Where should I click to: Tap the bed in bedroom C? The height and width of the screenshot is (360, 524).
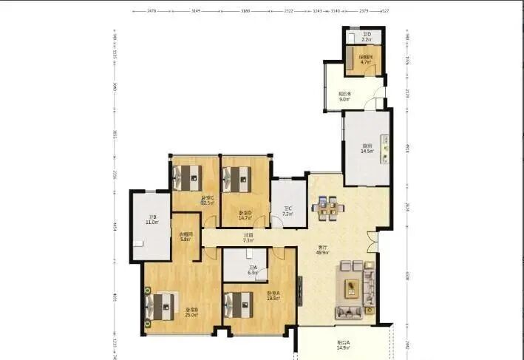(188, 177)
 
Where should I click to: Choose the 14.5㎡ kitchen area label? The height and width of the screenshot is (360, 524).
(367, 149)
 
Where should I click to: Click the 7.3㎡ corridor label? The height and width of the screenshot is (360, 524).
(249, 238)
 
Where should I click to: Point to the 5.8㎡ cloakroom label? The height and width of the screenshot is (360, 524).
(186, 237)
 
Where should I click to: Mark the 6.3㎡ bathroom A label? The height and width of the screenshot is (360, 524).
(253, 270)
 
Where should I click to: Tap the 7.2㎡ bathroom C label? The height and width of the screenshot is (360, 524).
(288, 211)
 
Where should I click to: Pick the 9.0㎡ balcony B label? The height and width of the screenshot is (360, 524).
(344, 96)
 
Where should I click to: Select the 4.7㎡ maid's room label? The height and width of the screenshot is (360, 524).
(365, 60)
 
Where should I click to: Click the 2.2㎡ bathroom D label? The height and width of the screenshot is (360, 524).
(366, 36)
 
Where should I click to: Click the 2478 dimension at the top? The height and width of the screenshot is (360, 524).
(151, 11)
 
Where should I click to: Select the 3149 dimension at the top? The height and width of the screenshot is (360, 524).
(196, 11)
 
